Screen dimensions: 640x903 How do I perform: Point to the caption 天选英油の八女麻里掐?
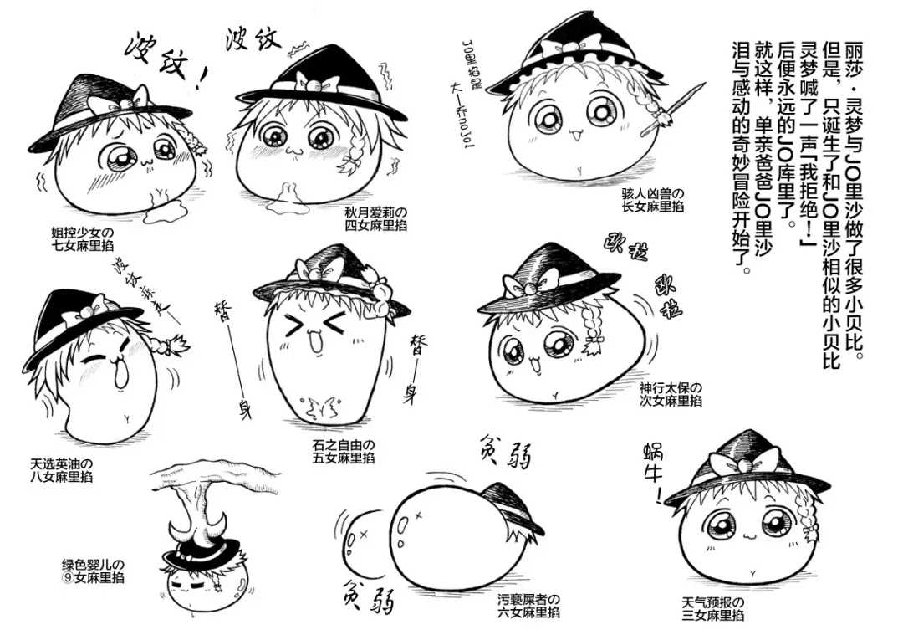pyautogui.click(x=60, y=469)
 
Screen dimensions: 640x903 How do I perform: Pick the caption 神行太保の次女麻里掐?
pyautogui.click(x=671, y=394)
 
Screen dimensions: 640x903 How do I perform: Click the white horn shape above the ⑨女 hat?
pyautogui.click(x=197, y=528)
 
